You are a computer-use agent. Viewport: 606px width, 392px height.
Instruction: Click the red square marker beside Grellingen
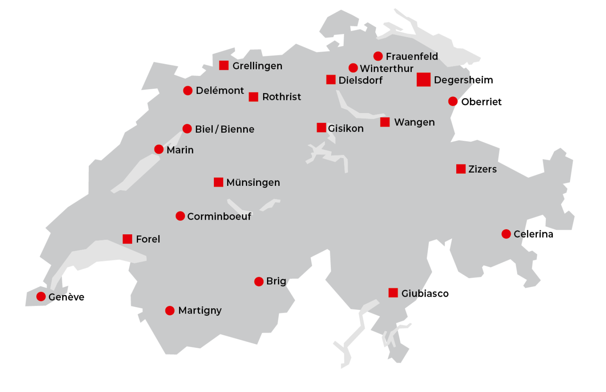(x=224, y=65)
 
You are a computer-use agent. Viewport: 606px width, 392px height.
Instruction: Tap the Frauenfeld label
(x=412, y=56)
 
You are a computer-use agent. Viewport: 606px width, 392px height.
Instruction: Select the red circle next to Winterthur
(x=353, y=68)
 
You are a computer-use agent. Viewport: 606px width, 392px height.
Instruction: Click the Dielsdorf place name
(x=360, y=80)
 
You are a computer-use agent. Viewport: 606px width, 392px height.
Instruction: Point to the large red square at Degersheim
(x=423, y=80)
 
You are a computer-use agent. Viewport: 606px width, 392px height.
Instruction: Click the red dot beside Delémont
(x=188, y=91)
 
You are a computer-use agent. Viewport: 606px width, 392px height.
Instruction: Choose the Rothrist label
(x=282, y=97)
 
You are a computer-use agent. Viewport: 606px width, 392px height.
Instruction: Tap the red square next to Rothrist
(x=253, y=97)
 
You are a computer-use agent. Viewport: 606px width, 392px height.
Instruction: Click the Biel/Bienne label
(x=225, y=129)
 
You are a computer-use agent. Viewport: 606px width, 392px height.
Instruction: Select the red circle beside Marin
(x=159, y=149)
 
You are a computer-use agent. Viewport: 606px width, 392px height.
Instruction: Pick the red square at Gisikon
(x=321, y=128)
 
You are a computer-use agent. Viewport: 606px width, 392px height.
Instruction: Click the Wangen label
(x=414, y=122)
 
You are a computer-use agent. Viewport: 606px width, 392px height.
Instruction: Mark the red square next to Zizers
(x=461, y=169)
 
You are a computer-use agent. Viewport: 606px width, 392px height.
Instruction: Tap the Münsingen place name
(x=253, y=183)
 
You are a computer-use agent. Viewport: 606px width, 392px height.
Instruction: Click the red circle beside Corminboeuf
(x=180, y=216)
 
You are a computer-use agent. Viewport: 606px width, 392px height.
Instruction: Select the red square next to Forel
(x=127, y=239)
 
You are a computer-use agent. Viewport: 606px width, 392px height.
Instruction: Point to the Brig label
(x=276, y=281)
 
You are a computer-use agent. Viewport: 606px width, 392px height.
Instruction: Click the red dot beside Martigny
(x=170, y=311)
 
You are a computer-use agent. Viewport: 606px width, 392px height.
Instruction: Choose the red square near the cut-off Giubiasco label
(x=393, y=293)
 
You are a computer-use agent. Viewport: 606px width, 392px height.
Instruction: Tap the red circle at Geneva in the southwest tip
(x=41, y=296)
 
